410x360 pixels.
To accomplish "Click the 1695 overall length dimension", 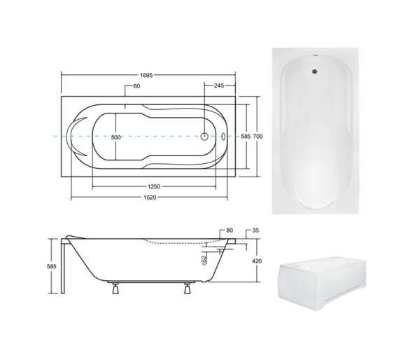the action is pyautogui.click(x=146, y=76).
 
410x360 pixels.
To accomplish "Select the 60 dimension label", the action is pyautogui.click(x=136, y=86).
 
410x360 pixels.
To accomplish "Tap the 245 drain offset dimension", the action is pyautogui.click(x=219, y=85).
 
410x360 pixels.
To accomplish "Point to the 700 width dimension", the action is pyautogui.click(x=257, y=136).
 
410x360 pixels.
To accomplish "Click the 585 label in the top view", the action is pyautogui.click(x=246, y=136).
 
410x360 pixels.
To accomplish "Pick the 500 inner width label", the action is pyautogui.click(x=116, y=137).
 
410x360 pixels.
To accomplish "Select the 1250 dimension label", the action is pyautogui.click(x=154, y=187).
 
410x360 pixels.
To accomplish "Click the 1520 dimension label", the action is pyautogui.click(x=150, y=198).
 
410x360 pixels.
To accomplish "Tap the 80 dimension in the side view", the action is pyautogui.click(x=229, y=230).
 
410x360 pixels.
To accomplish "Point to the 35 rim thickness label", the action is pyautogui.click(x=255, y=230).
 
